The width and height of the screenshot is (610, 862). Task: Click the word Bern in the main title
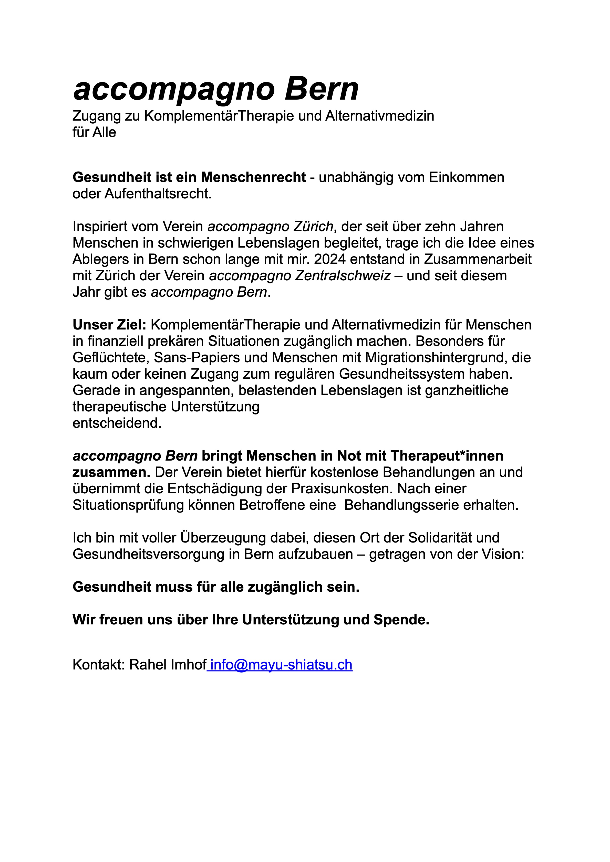coord(322,89)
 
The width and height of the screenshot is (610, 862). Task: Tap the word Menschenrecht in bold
coord(254,177)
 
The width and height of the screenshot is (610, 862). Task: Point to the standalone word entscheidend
coord(117,423)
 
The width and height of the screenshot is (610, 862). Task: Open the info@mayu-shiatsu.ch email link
coord(281,665)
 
